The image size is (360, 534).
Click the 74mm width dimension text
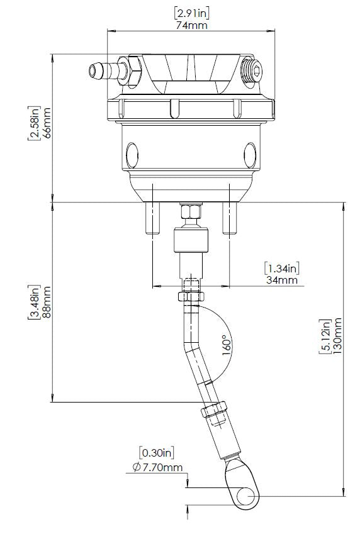pos(192,26)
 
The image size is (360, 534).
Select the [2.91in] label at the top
pos(192,12)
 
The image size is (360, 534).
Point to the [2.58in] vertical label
pos(33,123)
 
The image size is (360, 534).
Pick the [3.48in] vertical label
pos(33,301)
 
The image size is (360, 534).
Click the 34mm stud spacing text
pos(281,280)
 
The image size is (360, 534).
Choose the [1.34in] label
pos(281,267)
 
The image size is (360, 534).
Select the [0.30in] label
pos(156,452)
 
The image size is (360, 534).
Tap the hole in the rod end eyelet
pos(245,496)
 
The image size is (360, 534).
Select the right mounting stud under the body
pos(231,218)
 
